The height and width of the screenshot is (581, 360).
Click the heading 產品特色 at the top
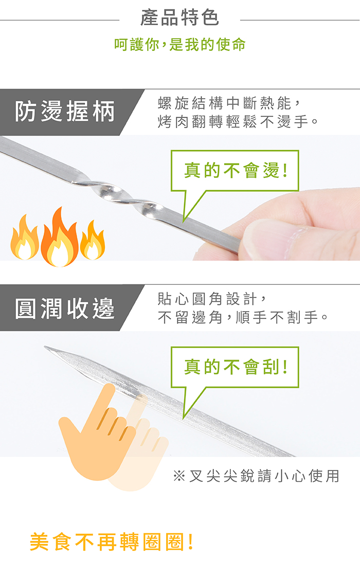179,18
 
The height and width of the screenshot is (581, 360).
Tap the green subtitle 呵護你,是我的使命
179,44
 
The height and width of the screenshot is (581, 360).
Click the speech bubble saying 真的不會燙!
235,171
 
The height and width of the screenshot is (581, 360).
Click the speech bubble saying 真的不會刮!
235,367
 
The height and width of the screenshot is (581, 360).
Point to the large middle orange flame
60,238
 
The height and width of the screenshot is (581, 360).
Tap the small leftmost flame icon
24,239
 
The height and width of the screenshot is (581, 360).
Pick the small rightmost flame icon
93,241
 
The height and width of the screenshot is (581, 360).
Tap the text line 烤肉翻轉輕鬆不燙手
238,122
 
